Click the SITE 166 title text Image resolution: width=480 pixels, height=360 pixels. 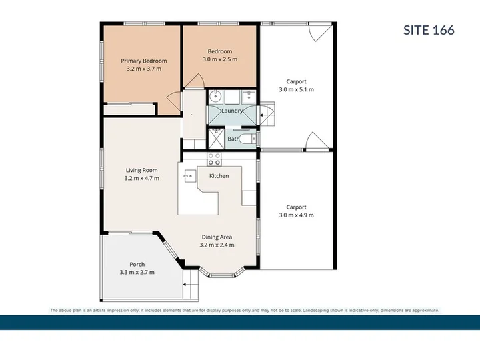point(429,30)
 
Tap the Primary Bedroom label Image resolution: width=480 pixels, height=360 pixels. point(144,61)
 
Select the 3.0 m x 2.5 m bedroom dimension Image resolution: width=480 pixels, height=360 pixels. point(220,59)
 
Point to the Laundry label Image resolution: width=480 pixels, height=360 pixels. point(232,111)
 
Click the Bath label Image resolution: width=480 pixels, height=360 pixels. point(233,139)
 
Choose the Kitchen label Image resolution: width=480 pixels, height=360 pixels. point(219,176)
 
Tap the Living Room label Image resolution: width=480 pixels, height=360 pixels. point(142,170)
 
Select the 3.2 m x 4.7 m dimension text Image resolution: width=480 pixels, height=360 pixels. point(142,178)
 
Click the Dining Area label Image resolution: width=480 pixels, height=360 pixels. point(217,237)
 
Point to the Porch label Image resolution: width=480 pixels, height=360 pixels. point(137,264)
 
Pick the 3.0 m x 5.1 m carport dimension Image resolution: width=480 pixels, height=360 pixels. point(296,89)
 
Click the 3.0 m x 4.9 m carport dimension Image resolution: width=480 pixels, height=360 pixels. point(296,215)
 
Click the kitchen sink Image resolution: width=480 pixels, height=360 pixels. point(190,176)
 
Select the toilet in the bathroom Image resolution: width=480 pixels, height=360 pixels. point(247,139)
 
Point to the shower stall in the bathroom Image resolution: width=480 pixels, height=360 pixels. point(217,139)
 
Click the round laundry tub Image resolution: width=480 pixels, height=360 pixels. point(216,97)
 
